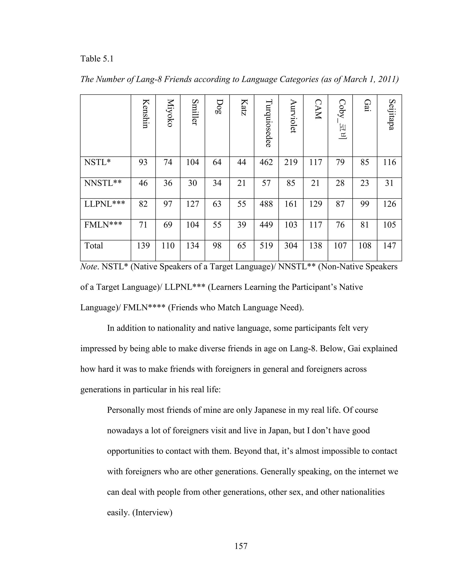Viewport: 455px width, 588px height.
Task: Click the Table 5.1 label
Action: point(97,59)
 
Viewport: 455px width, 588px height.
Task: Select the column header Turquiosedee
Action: point(268,123)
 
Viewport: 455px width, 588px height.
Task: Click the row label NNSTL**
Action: point(103,183)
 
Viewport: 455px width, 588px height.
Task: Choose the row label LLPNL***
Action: point(105,204)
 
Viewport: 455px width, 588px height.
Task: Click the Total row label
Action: point(94,246)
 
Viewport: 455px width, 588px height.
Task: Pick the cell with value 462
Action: point(266,162)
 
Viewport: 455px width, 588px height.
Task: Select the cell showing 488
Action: point(266,204)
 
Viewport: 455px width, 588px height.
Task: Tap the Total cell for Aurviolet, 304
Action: point(291,246)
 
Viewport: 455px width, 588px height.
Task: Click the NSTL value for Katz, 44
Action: point(241,162)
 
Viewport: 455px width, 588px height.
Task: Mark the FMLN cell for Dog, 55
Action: point(217,225)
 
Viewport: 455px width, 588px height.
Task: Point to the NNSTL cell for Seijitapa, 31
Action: point(389,183)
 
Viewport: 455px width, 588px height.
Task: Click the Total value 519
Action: point(266,246)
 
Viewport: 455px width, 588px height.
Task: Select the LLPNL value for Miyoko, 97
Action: point(168,204)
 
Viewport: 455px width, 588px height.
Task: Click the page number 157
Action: point(241,546)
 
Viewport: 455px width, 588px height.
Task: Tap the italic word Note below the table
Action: point(88,267)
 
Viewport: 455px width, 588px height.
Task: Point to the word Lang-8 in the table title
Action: point(148,79)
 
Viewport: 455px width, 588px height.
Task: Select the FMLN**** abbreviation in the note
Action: point(144,308)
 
